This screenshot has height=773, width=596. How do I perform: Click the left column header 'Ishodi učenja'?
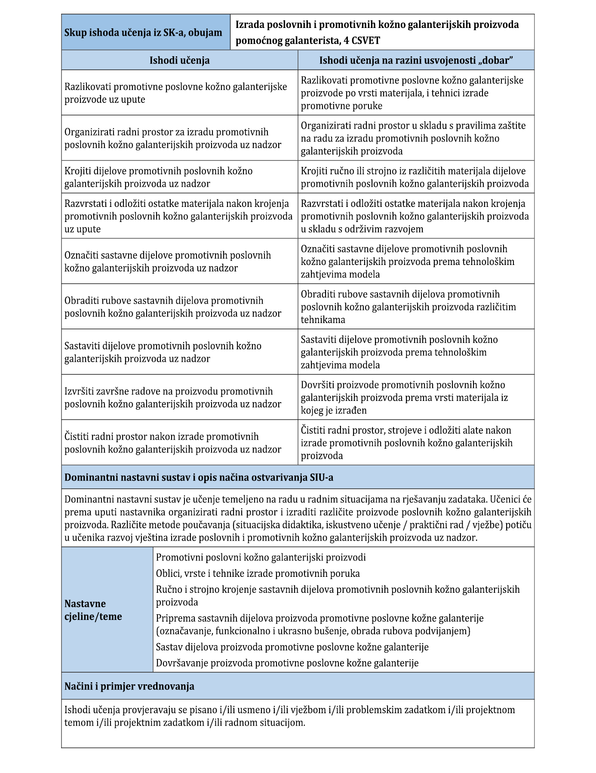(x=179, y=60)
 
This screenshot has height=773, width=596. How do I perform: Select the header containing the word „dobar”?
(x=416, y=60)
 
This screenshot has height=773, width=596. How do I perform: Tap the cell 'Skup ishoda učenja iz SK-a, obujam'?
(x=143, y=32)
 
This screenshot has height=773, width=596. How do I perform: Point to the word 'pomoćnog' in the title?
(x=255, y=41)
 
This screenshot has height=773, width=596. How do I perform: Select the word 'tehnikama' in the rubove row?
(x=323, y=320)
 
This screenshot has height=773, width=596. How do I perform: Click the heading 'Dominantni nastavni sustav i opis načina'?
(x=199, y=477)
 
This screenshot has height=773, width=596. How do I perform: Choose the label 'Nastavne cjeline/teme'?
(x=93, y=610)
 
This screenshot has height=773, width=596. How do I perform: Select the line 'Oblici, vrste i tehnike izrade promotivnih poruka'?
(x=258, y=573)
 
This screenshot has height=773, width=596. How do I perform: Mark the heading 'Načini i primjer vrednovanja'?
(x=129, y=686)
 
